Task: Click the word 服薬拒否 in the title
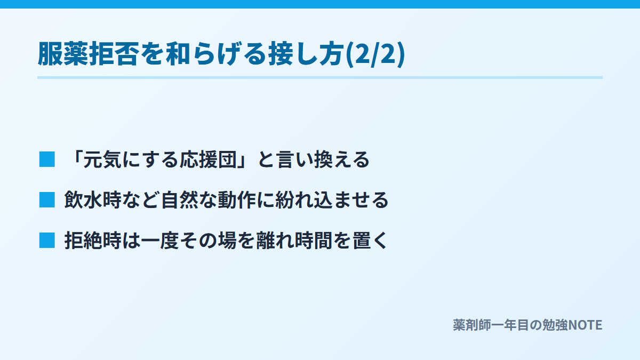89,54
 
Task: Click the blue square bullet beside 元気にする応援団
47,159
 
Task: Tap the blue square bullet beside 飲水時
47,199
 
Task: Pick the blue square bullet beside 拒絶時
47,241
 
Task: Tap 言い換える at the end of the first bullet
323,159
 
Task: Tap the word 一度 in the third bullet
160,241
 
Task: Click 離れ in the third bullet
275,241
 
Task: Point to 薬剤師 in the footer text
471,325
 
